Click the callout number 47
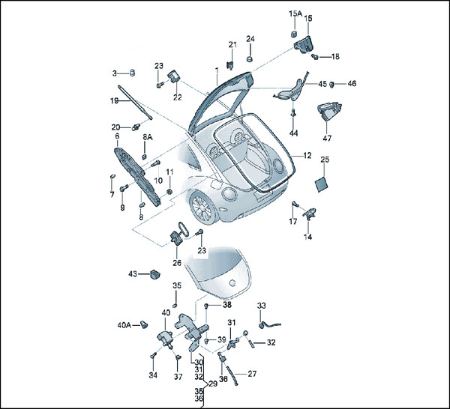[327, 138]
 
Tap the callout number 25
[325, 160]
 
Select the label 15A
[295, 13]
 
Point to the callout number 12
[307, 155]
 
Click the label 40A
[124, 325]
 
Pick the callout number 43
[132, 274]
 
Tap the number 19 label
[114, 100]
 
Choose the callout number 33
[261, 306]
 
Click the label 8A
[148, 137]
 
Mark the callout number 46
[352, 84]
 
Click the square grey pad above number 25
[320, 182]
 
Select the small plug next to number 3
[130, 72]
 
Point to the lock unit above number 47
[328, 112]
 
